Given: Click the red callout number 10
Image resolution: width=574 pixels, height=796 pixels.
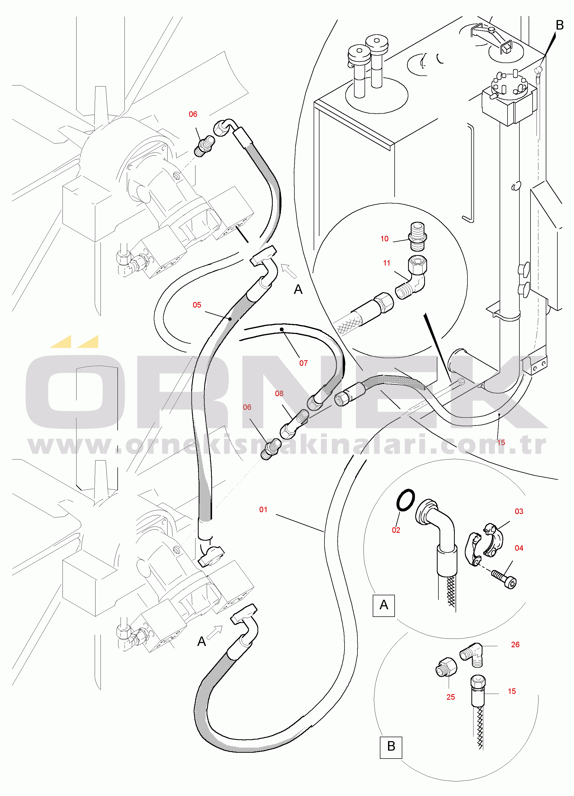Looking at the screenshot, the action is [384, 239].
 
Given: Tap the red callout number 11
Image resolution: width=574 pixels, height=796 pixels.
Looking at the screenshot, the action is [386, 263].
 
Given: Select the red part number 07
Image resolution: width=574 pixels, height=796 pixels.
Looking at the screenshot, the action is [303, 363].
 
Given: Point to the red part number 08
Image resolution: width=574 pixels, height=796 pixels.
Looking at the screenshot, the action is [279, 394].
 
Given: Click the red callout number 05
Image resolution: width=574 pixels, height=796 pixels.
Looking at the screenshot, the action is [197, 305].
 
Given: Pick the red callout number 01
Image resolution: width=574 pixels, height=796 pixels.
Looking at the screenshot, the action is [263, 510].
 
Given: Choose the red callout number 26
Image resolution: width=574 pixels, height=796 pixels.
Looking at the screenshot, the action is [515, 644].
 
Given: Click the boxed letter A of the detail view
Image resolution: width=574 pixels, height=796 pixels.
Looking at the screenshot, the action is [384, 605].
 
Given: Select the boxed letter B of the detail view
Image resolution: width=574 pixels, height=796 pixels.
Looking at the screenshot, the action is [391, 746].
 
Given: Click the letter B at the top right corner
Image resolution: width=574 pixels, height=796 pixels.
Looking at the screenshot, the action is [559, 25].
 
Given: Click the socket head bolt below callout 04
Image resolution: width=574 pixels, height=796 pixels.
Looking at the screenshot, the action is [504, 579].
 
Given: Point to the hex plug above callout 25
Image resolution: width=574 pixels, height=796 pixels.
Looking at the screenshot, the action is [446, 667].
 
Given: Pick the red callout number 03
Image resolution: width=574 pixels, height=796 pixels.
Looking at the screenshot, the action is [519, 511].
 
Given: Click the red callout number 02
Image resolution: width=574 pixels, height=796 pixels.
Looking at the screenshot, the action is [396, 530].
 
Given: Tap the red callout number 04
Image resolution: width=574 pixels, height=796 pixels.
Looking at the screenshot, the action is [519, 548].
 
